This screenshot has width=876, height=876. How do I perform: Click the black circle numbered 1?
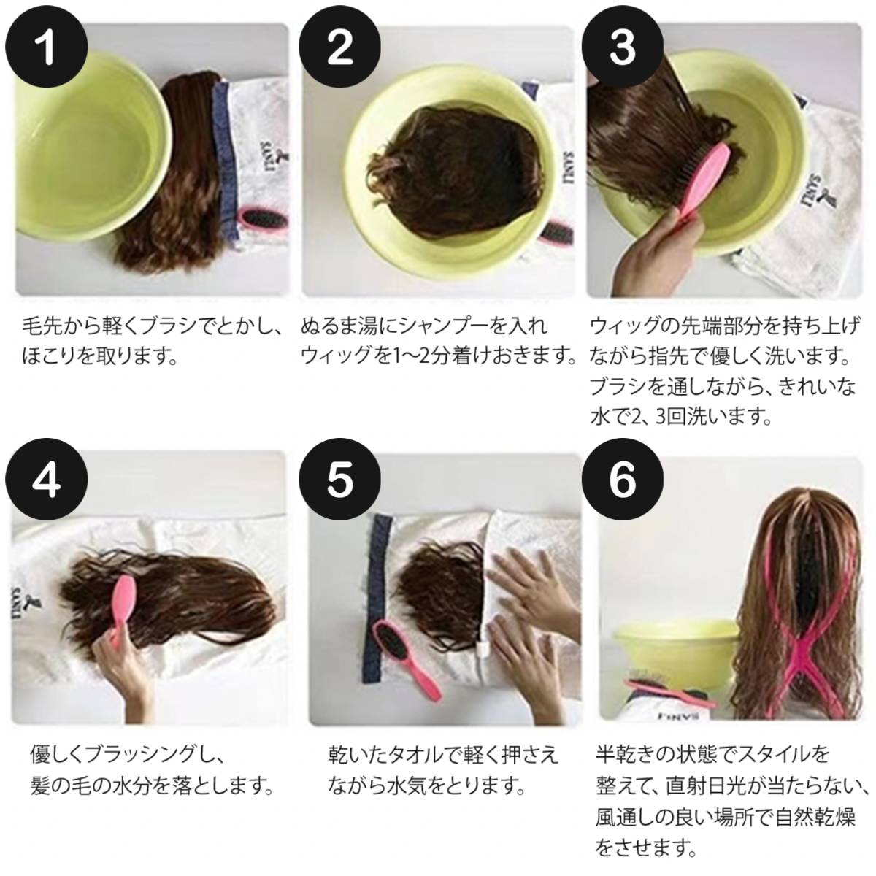coord(46,47)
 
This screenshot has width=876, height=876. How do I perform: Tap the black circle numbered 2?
coord(339,47)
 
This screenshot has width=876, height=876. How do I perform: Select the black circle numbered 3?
coord(623,47)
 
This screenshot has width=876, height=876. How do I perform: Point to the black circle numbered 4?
coord(46,479)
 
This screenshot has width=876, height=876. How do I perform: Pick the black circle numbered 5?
coord(339,479)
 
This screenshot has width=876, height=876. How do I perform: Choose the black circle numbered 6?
coord(623,479)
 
